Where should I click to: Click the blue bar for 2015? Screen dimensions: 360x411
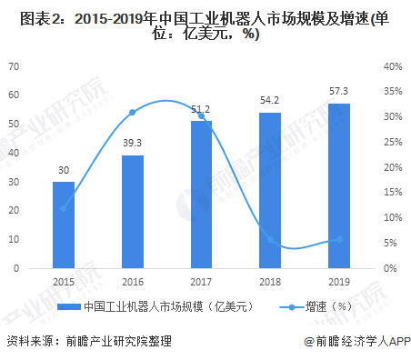pyautogui.click(x=63, y=225)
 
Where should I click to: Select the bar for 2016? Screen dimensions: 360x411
pyautogui.click(x=132, y=212)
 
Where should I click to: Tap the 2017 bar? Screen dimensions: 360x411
pyautogui.click(x=201, y=195)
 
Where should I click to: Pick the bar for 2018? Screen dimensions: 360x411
pyautogui.click(x=270, y=190)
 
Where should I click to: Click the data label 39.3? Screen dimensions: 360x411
pyautogui.click(x=132, y=144)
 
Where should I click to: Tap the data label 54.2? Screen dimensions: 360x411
pyautogui.click(x=270, y=101)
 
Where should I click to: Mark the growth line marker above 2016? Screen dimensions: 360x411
pyautogui.click(x=132, y=112)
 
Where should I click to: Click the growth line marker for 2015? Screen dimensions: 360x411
pyautogui.click(x=63, y=208)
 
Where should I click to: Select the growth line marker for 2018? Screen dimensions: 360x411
pyautogui.click(x=270, y=239)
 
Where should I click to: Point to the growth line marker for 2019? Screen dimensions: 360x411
pyautogui.click(x=338, y=239)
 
